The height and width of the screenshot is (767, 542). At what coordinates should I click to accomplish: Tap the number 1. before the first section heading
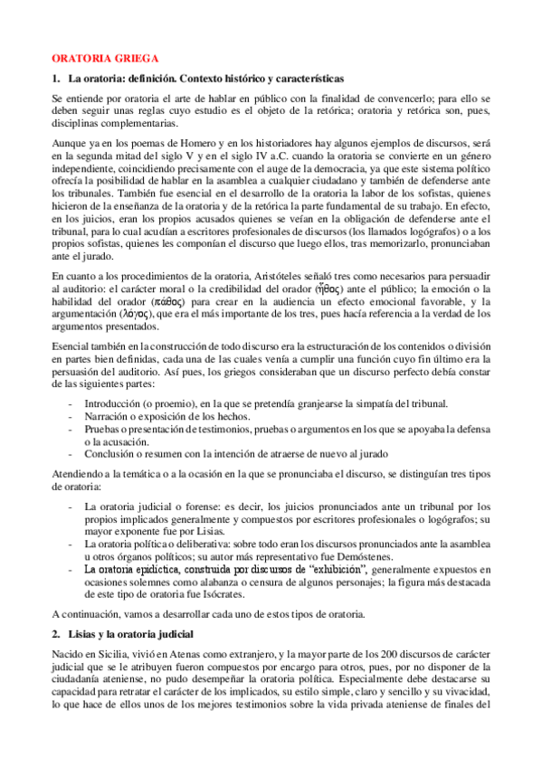click(56, 79)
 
